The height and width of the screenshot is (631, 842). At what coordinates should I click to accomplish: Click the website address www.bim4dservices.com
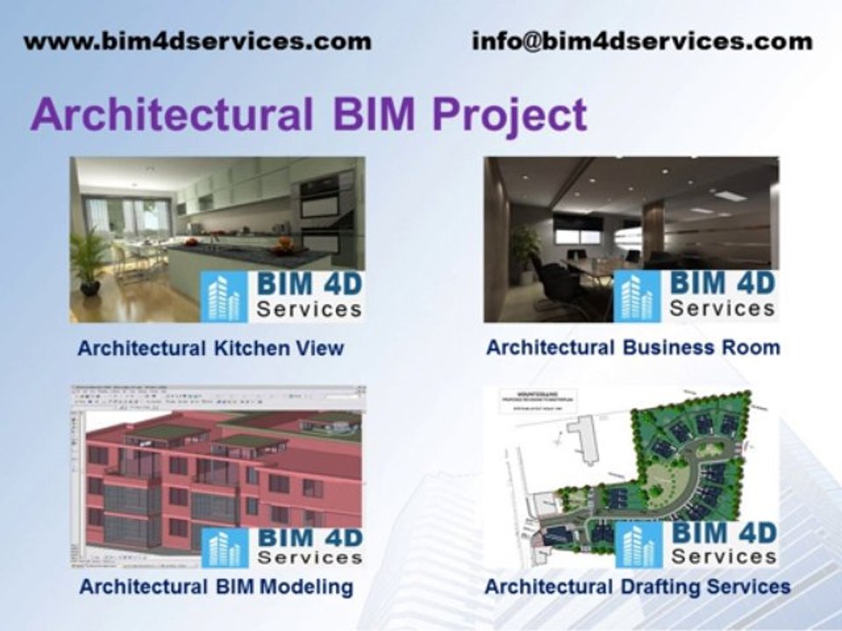[x=197, y=41]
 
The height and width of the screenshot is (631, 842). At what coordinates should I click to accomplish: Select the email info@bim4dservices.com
[x=641, y=41]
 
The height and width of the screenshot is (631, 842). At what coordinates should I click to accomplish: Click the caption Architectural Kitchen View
[x=210, y=348]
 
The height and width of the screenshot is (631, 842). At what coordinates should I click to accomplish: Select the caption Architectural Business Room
[x=632, y=347]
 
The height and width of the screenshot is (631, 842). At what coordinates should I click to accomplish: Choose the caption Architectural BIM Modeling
[x=216, y=586]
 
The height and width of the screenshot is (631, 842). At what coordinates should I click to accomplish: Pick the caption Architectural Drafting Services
[x=638, y=586]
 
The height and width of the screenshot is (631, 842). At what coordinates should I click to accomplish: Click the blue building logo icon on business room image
[x=638, y=297]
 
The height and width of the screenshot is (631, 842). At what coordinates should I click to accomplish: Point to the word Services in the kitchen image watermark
[x=309, y=309]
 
